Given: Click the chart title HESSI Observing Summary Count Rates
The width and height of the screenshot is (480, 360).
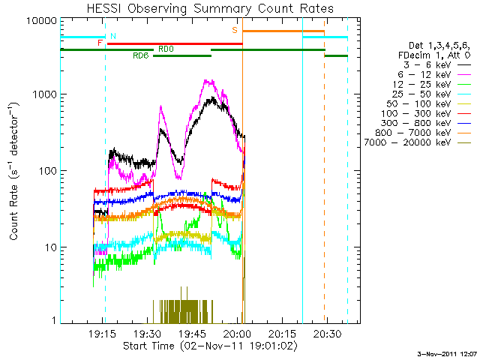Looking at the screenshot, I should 210,8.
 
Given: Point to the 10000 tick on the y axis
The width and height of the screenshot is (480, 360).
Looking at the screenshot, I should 43,20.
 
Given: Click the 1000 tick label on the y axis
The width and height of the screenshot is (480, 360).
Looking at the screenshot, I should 46,95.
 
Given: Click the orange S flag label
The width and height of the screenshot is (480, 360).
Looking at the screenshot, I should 235,30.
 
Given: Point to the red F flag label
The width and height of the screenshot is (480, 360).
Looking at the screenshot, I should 100,43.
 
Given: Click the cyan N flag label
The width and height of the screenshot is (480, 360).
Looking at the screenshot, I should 113,36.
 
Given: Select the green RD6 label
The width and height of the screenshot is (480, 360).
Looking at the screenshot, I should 141,55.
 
